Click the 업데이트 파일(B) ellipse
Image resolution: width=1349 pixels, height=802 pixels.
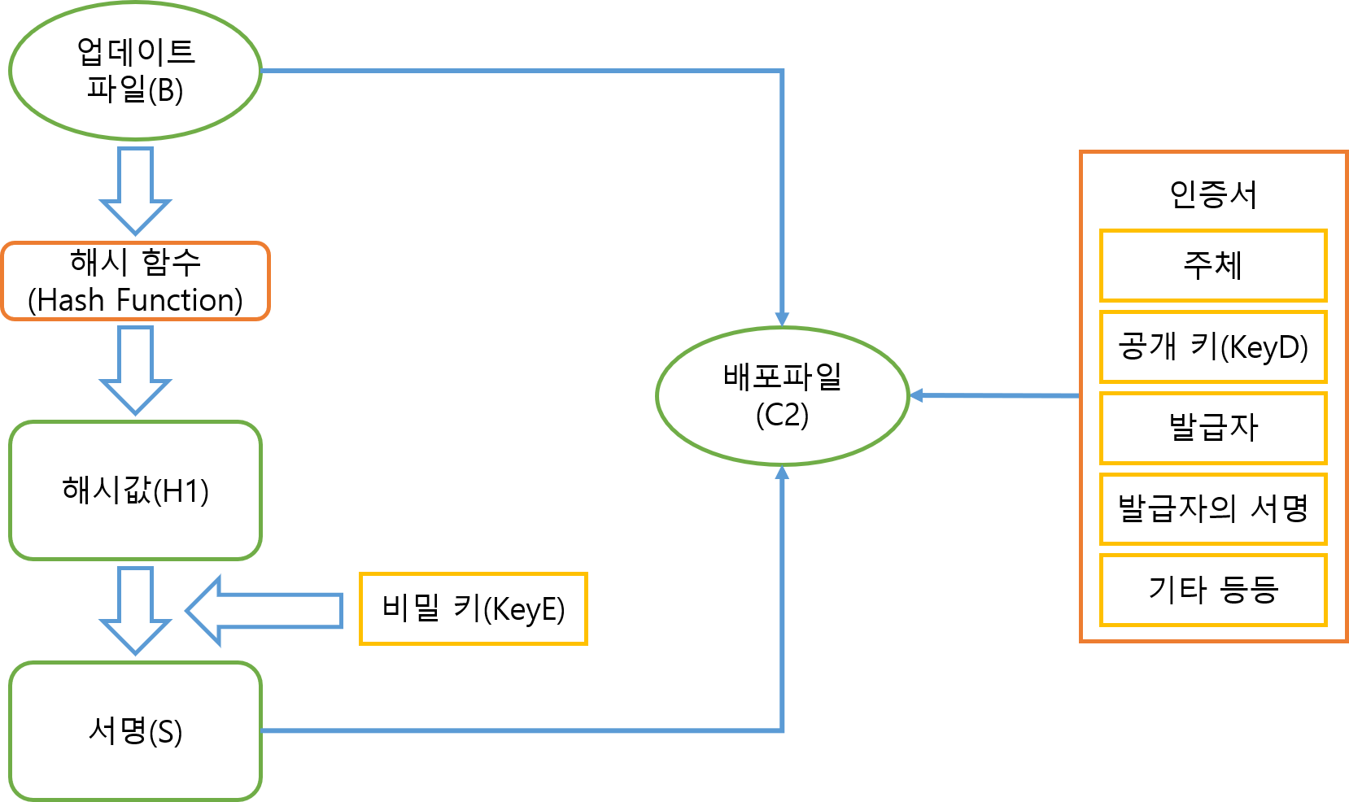pyautogui.click(x=135, y=71)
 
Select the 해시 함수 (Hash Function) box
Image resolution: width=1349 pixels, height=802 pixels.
pyautogui.click(x=135, y=281)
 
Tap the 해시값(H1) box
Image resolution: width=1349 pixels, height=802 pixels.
pyautogui.click(x=135, y=490)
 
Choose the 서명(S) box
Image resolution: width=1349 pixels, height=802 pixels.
pyautogui.click(x=135, y=730)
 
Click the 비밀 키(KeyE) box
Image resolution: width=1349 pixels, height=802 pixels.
pyautogui.click(x=473, y=609)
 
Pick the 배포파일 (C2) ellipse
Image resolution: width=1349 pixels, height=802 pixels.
pyautogui.click(x=782, y=396)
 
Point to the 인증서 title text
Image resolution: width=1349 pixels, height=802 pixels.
pyautogui.click(x=1212, y=194)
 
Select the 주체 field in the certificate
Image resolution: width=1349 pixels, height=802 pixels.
pyautogui.click(x=1212, y=266)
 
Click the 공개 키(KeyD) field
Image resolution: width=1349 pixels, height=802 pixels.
pyautogui.click(x=1212, y=347)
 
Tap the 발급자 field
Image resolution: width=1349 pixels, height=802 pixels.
pyautogui.click(x=1212, y=428)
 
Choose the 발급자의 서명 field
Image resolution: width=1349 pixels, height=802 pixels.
pyautogui.click(x=1212, y=509)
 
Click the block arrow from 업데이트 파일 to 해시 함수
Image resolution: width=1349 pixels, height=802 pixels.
pyautogui.click(x=135, y=190)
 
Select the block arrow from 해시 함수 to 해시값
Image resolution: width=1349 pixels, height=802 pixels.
pyautogui.click(x=135, y=370)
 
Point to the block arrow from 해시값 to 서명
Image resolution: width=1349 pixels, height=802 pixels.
pyautogui.click(x=135, y=610)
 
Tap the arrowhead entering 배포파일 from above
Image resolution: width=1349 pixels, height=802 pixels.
pyautogui.click(x=782, y=318)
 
